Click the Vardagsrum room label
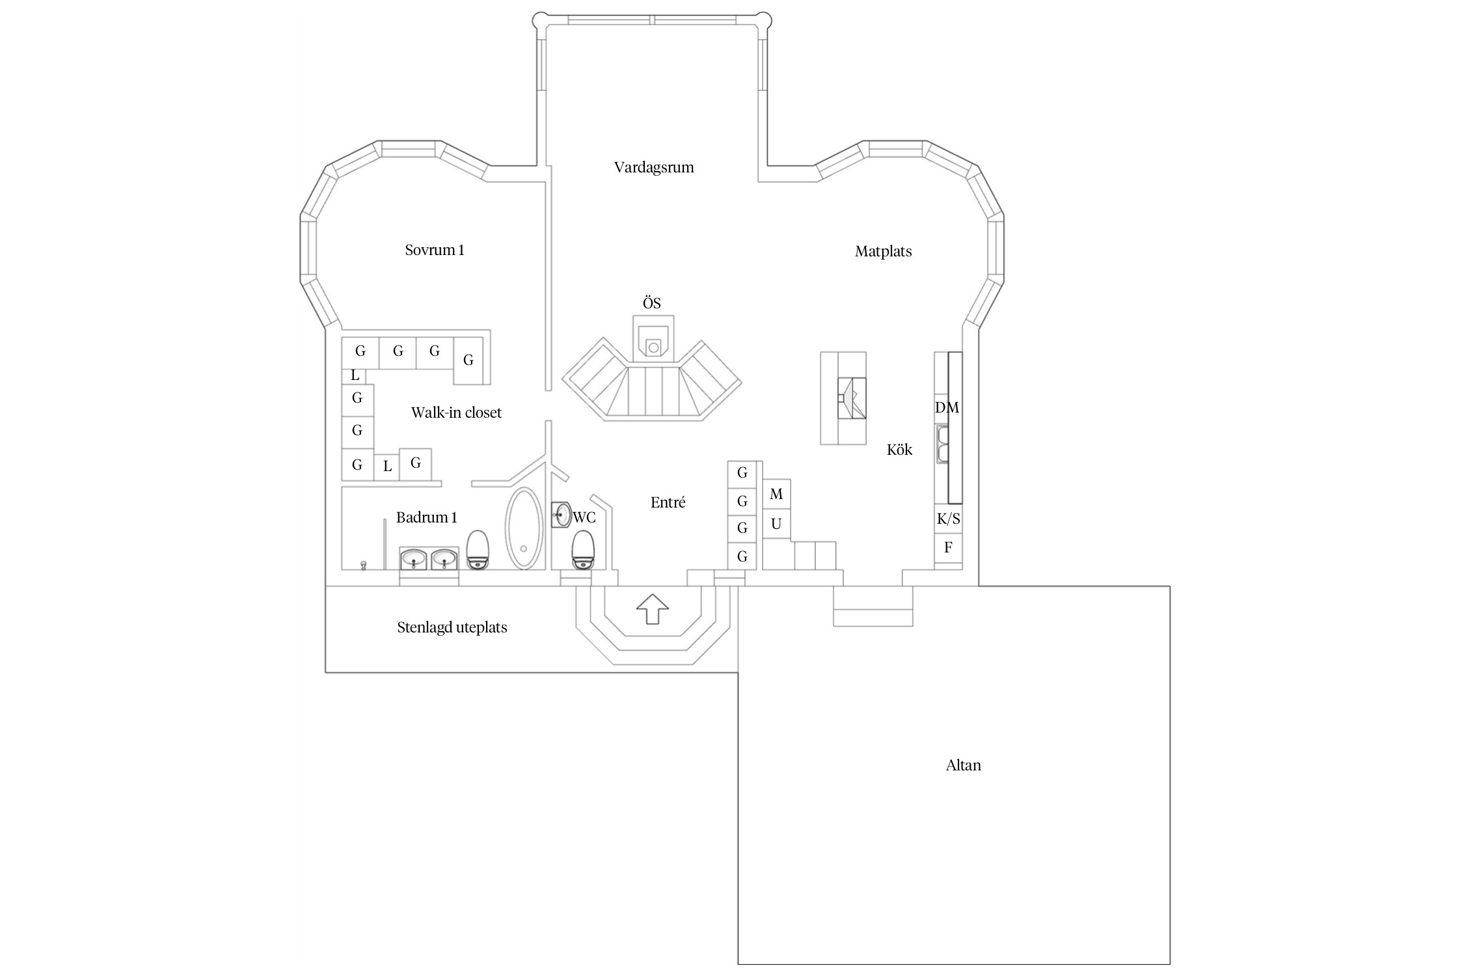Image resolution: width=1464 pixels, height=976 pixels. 654,167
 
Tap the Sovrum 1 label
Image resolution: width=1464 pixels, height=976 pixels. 435,250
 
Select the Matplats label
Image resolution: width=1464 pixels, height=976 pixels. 883,251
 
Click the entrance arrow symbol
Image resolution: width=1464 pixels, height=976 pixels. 652,609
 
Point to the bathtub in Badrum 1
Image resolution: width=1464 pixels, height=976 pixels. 524,528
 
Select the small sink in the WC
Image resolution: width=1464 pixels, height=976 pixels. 561,515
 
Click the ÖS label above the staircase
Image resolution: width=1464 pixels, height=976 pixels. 651,303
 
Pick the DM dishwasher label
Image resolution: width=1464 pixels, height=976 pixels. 947,408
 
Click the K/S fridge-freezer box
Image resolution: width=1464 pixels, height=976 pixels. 948,519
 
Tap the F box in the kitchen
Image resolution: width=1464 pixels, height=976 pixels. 948,548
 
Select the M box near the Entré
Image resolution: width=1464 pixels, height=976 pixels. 776,495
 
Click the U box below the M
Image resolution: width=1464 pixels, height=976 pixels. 776,524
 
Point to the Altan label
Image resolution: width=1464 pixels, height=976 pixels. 963,765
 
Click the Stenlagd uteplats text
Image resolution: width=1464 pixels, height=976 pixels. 452,628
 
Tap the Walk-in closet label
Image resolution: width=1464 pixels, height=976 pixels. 456,413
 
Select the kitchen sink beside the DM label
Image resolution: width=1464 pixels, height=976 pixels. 942,444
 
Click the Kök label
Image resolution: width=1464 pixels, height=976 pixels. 899,450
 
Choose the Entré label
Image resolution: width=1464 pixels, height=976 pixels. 668,502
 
